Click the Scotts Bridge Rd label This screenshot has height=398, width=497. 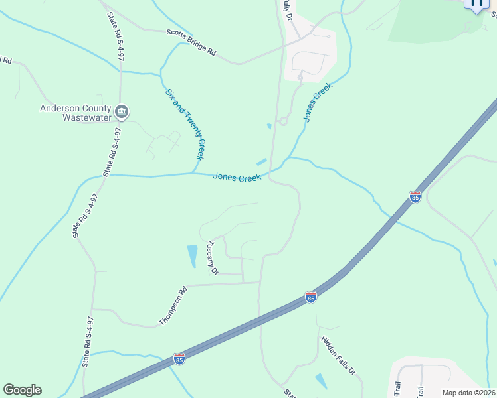[192, 42]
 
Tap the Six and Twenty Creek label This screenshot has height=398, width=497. [185, 124]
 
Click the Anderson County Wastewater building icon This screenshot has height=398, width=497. [122, 111]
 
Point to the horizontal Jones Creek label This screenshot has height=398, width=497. [237, 177]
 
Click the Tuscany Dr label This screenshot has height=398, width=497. [213, 257]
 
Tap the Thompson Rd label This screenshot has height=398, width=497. [173, 305]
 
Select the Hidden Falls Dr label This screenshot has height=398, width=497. [339, 356]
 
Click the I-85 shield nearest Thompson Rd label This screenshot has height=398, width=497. [179, 358]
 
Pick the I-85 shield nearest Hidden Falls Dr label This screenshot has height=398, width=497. [310, 297]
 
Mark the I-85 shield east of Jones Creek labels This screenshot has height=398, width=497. [415, 197]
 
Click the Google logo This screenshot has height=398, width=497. [22, 390]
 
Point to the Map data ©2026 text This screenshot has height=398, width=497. [468, 393]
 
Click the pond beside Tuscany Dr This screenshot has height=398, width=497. [193, 255]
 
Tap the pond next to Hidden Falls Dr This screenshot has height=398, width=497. [321, 381]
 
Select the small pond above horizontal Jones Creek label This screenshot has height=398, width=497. [262, 162]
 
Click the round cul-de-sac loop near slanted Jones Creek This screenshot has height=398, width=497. [283, 121]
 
